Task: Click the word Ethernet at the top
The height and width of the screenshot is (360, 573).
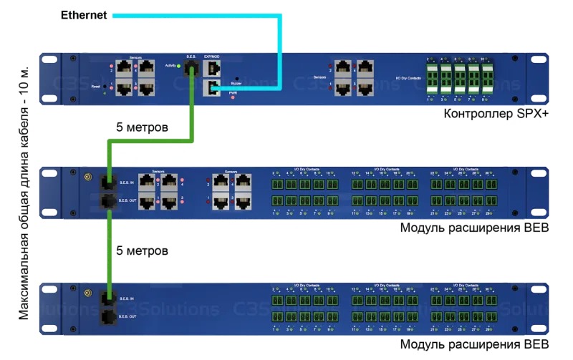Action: (84, 14)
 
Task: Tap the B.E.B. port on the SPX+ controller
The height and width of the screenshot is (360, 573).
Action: (192, 69)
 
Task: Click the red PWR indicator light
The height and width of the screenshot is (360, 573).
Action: (233, 97)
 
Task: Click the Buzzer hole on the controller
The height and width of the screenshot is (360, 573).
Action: (236, 78)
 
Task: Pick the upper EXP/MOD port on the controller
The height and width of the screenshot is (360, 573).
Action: (213, 69)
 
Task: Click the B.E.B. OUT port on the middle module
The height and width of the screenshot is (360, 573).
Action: (108, 200)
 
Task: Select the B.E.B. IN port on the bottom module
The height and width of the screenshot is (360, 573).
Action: (108, 296)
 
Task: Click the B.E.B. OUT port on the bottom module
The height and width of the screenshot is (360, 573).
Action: (108, 315)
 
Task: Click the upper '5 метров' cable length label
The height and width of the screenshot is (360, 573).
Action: (142, 129)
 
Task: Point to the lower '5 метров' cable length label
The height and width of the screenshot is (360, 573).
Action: (142, 251)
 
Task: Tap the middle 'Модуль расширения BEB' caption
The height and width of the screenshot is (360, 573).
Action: (474, 228)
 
